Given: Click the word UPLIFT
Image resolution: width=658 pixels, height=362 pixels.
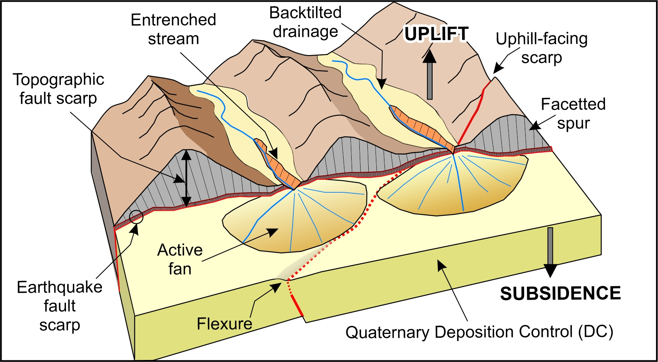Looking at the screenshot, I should point(436,34).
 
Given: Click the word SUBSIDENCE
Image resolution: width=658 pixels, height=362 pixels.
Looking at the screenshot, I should point(560,294).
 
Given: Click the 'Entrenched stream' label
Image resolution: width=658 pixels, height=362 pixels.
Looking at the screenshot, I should point(173,29).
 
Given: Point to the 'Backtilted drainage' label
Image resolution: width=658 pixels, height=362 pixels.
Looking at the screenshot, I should point(306,22).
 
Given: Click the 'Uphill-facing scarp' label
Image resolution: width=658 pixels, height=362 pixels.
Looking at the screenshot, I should point(541,48).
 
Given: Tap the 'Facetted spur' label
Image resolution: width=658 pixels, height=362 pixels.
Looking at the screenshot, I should point(573,114).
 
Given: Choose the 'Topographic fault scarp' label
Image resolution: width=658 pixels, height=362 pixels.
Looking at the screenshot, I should point(58,89).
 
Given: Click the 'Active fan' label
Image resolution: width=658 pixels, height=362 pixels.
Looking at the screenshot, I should point(180,259).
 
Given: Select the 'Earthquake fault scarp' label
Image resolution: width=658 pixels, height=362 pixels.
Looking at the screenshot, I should point(59,306).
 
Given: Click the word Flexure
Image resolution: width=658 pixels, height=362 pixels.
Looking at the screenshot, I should point(224,324).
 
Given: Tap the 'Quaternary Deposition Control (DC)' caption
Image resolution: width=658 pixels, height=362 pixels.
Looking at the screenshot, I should point(479,332).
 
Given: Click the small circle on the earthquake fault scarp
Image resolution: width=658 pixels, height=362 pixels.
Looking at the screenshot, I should point(136,217).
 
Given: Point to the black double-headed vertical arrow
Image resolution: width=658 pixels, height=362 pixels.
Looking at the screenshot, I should point(186,179).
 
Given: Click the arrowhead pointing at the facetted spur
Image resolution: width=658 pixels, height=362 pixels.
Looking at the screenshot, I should point(535,126).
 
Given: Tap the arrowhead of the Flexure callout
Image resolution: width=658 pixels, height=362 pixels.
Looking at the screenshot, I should point(276,287).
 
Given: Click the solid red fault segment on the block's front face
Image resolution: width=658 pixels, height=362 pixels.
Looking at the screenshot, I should point(297,306).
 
